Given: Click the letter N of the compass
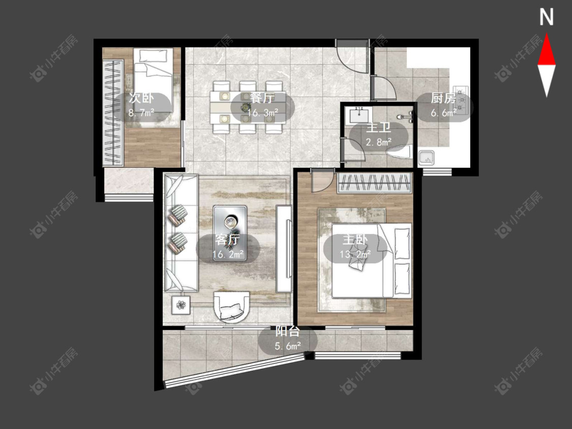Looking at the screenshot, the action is pyautogui.click(x=547, y=17).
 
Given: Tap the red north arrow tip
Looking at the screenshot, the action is pyautogui.click(x=547, y=34).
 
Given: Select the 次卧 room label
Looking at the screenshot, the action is pyautogui.click(x=141, y=98).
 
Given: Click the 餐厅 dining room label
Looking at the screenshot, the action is pyautogui.click(x=262, y=98).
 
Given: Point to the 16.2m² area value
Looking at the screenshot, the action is pyautogui.click(x=228, y=254).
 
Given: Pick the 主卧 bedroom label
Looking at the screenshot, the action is pyautogui.click(x=355, y=240).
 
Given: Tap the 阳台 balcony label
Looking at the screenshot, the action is pyautogui.click(x=287, y=331).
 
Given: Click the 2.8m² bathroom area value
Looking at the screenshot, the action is pyautogui.click(x=379, y=142).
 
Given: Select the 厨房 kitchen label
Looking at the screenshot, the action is pyautogui.click(x=443, y=98).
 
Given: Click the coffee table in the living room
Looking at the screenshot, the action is pyautogui.click(x=230, y=233).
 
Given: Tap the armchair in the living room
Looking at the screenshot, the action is pyautogui.click(x=232, y=307).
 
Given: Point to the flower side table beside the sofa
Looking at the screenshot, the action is pyautogui.click(x=181, y=304).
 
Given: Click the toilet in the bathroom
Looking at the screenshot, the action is pyautogui.click(x=401, y=152).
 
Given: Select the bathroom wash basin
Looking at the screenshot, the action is pyautogui.click(x=359, y=115).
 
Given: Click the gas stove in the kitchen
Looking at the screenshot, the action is pyautogui.click(x=461, y=99).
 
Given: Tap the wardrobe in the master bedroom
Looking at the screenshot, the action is pyautogui.click(x=374, y=182).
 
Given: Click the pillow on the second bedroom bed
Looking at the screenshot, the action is pyautogui.click(x=153, y=56).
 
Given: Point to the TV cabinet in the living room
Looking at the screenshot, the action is pyautogui.click(x=284, y=249).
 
